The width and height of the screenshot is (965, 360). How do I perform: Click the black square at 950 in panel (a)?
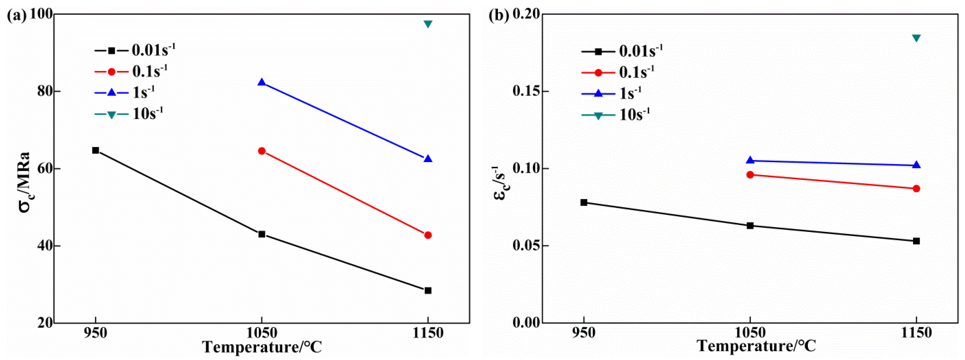click(96, 150)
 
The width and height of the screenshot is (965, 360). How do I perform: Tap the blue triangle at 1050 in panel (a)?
click(262, 82)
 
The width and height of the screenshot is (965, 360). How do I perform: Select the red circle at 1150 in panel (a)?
click(428, 235)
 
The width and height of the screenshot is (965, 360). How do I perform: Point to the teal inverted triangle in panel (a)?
click(428, 24)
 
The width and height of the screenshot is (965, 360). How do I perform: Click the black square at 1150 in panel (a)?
click(428, 290)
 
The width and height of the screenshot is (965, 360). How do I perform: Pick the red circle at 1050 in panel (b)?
click(750, 175)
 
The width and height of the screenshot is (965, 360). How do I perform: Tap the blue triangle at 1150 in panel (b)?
click(916, 165)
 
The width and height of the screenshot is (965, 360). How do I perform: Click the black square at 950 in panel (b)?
click(584, 202)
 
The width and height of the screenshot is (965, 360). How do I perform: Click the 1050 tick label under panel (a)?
click(262, 333)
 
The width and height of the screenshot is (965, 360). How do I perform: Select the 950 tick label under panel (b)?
click(584, 333)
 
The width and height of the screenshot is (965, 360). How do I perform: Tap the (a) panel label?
click(17, 16)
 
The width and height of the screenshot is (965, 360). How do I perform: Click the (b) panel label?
click(499, 16)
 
